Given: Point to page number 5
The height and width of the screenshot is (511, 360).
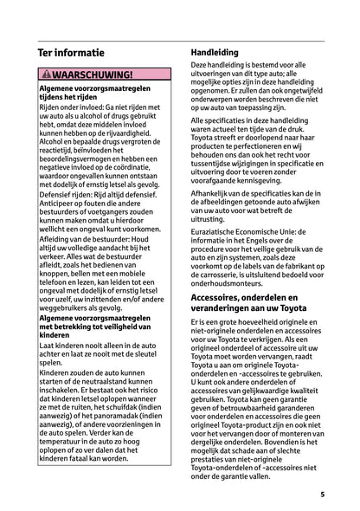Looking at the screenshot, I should point(322,495).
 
